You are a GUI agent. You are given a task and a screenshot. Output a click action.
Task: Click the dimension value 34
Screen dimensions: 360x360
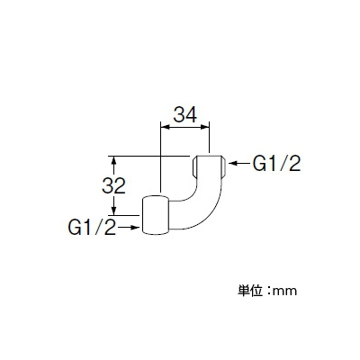pyautogui.click(x=185, y=115)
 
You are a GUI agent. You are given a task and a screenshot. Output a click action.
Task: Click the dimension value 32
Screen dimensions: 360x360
pyautogui.click(x=113, y=185)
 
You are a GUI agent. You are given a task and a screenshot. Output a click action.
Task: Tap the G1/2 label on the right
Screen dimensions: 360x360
pyautogui.click(x=276, y=164)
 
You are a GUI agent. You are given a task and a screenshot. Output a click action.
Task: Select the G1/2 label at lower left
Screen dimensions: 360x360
pyautogui.click(x=92, y=227)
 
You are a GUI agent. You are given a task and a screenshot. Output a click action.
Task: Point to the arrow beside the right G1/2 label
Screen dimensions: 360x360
pyautogui.click(x=239, y=163)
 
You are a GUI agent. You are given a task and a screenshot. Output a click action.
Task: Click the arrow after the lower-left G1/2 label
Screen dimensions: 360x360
pyautogui.click(x=129, y=228)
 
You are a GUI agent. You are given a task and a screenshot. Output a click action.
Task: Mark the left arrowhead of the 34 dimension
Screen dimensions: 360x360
pyautogui.click(x=166, y=127)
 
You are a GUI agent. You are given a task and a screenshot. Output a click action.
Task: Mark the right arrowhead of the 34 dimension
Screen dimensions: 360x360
pyautogui.click(x=204, y=127)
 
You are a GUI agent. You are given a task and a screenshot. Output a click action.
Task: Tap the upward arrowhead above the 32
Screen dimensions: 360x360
pyautogui.click(x=113, y=161)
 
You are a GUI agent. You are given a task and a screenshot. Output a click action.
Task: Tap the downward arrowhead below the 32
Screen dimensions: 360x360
pyautogui.click(x=113, y=210)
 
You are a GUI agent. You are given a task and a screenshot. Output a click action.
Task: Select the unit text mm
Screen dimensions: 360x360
pyautogui.click(x=284, y=292)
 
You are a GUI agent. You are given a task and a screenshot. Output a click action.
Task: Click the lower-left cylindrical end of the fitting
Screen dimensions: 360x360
pyautogui.click(x=156, y=215)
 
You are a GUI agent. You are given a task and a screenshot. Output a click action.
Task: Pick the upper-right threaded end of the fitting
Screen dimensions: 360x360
pyautogui.click(x=209, y=166)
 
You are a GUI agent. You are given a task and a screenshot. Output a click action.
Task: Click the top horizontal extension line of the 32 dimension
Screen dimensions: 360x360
pyautogui.click(x=148, y=156)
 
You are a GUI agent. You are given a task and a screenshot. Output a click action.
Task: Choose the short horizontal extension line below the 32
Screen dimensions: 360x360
pyautogui.click(x=123, y=215)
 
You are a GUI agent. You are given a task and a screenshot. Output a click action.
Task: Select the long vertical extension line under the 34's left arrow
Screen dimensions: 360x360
pyautogui.click(x=161, y=157)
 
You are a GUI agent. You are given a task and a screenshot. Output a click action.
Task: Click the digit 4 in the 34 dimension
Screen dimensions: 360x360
pyautogui.click(x=192, y=115)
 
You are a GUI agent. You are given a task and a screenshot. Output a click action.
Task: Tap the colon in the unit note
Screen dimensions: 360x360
pyautogui.click(x=268, y=291)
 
